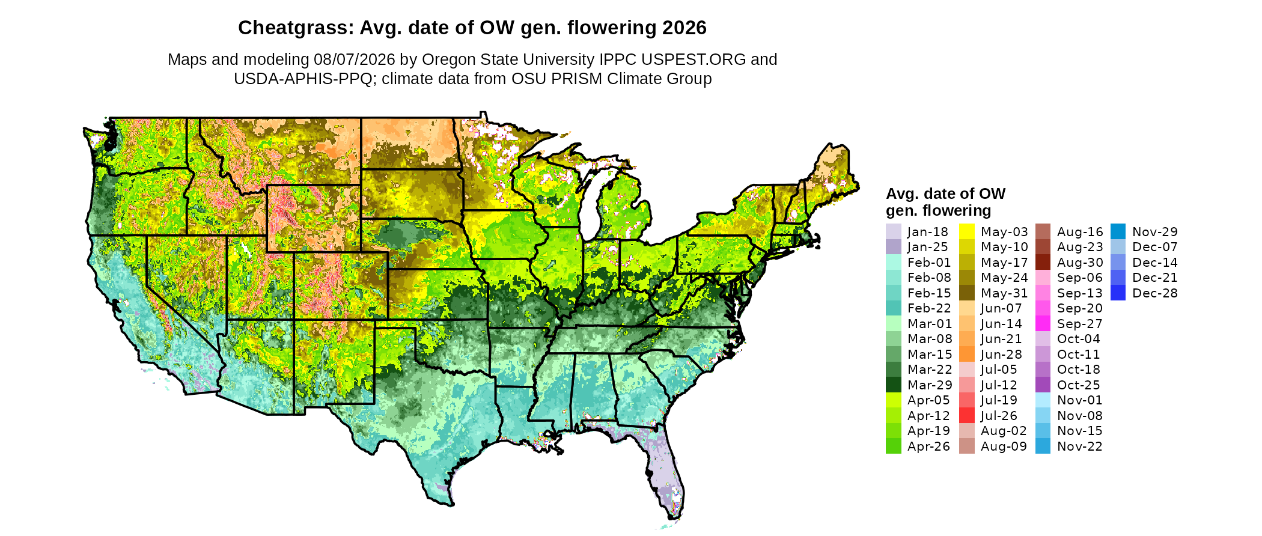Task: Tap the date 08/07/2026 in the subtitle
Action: [355, 59]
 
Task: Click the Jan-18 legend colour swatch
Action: [894, 231]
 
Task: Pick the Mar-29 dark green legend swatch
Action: [894, 385]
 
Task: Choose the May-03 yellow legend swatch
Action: [967, 231]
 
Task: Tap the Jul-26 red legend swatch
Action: [967, 415]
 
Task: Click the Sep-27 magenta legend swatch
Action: [1043, 323]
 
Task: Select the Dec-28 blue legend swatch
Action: [1118, 293]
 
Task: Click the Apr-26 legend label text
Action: [928, 446]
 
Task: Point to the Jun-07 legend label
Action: [1001, 308]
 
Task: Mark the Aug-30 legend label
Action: [1080, 263]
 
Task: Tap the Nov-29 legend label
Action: [1155, 232]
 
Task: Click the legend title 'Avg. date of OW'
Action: [945, 193]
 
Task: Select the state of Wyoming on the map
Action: [314, 218]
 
